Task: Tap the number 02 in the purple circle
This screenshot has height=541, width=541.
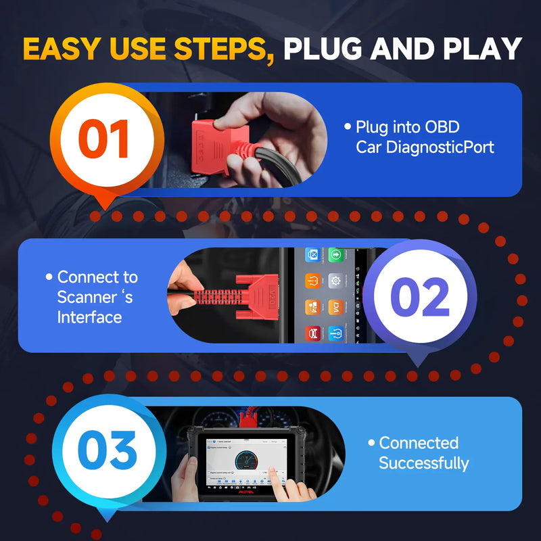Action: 420,297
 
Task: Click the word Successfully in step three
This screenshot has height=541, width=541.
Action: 423,463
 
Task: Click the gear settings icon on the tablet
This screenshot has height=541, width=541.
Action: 335,279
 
